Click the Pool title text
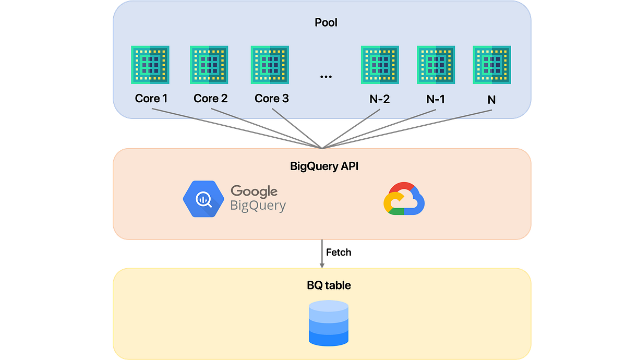point(326,22)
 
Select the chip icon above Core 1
point(151,65)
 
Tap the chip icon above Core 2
point(209,65)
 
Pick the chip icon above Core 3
point(270,65)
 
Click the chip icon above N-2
point(380,65)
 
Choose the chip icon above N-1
point(436,65)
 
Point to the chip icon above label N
point(492,65)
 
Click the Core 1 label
point(151,98)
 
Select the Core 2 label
point(210,98)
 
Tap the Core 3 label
point(271,98)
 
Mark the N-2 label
point(379,99)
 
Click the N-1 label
point(436,99)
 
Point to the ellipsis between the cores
point(326,76)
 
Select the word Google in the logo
point(254,191)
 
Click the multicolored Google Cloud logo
point(404,199)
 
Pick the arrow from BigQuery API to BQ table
point(322,253)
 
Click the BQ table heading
point(329,285)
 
